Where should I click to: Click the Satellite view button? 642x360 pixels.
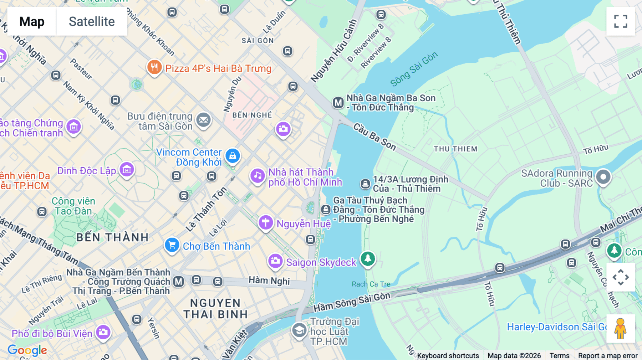(92, 21)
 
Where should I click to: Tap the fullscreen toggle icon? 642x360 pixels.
(621, 21)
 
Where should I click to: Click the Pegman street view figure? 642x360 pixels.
(621, 328)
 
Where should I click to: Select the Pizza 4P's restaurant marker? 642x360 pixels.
(154, 67)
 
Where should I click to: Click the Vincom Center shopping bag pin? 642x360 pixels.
(233, 156)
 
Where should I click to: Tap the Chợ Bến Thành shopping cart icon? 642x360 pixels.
(172, 245)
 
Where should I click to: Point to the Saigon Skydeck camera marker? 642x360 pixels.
(275, 261)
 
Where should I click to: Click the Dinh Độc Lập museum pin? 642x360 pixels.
(127, 170)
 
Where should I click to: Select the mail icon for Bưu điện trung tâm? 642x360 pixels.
(204, 120)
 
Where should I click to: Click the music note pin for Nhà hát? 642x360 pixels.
(258, 175)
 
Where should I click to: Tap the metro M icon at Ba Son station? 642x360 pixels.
(338, 103)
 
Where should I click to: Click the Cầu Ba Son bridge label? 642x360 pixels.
(374, 137)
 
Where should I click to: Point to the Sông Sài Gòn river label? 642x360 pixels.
(413, 69)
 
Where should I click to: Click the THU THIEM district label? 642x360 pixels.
(455, 149)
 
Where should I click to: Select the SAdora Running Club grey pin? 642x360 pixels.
(603, 177)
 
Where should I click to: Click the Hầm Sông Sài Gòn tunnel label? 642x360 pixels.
(352, 302)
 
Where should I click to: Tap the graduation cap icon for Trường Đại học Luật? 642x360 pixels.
(299, 330)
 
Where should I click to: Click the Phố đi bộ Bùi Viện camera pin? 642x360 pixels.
(103, 332)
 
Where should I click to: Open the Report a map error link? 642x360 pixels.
(608, 355)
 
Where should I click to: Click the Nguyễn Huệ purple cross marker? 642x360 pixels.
(266, 223)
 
